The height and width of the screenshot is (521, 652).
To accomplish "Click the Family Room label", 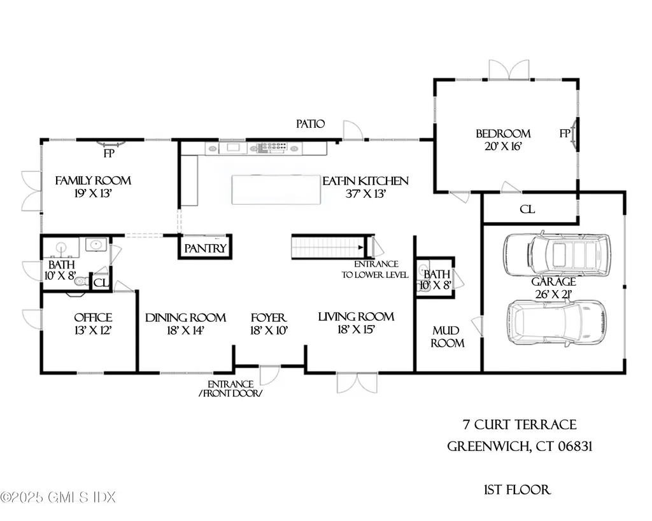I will (x=93, y=181).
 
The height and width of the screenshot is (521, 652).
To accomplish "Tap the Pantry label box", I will (x=205, y=248).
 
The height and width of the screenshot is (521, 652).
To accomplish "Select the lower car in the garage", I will (x=555, y=322).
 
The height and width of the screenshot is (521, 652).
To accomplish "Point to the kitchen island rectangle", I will (x=276, y=189).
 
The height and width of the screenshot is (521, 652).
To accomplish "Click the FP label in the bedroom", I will (x=564, y=134).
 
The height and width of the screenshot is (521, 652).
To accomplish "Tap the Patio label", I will (x=311, y=124).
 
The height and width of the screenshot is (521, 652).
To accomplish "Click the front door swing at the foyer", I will (x=269, y=374).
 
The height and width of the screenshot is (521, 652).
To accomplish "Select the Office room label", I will (x=93, y=317).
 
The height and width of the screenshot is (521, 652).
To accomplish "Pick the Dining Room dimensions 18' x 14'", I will (x=186, y=330).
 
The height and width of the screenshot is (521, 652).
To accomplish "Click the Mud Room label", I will (x=448, y=337).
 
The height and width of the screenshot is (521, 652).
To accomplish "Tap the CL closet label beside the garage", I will (x=527, y=209).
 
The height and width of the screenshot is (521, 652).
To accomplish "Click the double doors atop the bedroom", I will (x=509, y=69).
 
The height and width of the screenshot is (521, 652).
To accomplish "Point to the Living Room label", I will (x=356, y=317).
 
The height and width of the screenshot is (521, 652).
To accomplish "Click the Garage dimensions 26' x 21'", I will (x=554, y=294).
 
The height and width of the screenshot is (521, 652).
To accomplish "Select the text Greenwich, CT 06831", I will (x=520, y=446).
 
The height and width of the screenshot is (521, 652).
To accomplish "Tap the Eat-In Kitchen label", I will (x=365, y=181).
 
